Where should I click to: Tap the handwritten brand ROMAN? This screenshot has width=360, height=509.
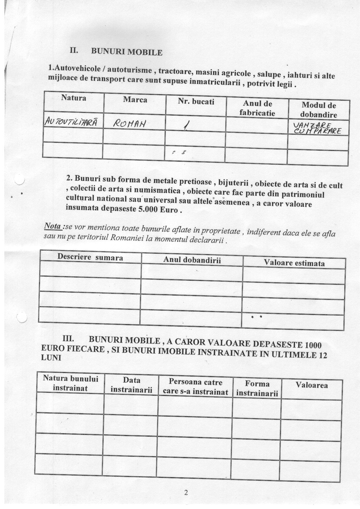(129, 124)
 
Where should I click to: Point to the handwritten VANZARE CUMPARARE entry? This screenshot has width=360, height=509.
(316, 128)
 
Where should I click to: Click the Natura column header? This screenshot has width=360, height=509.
(73, 98)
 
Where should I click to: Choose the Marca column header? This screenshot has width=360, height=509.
(135, 100)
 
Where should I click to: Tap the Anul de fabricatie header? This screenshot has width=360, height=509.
(257, 108)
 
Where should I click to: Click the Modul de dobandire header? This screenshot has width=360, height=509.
(318, 110)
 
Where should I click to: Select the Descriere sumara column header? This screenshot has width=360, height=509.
(90, 257)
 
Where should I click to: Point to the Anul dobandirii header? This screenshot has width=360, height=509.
(192, 260)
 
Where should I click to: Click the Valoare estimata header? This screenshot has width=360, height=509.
(294, 263)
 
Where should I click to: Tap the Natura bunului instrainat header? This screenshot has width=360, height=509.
(71, 383)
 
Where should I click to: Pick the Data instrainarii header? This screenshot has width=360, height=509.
(132, 385)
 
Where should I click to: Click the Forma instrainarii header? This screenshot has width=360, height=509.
(257, 388)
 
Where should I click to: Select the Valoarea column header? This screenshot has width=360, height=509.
(312, 385)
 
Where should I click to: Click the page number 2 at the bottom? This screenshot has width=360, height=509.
(186, 492)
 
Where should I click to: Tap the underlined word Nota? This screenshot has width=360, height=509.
(53, 226)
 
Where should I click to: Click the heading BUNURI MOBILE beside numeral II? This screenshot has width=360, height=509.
(127, 52)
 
